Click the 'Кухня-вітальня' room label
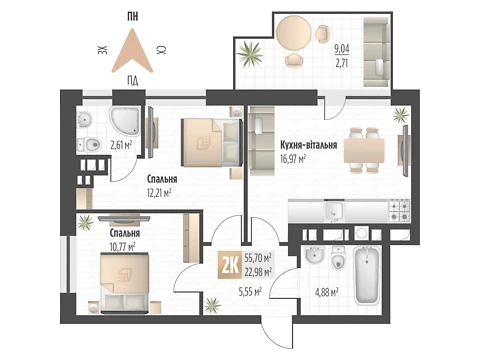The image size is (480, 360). click(308, 145)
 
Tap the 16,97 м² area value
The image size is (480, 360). click(293, 159)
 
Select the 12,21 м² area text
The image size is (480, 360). click(159, 193)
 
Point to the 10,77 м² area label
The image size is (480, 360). click(122, 247)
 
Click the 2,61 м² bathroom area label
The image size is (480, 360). click(121, 145)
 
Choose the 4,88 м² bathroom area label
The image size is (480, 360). click(327, 293)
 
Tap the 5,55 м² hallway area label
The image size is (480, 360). click(250, 292)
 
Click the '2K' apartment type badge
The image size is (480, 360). click(230, 266)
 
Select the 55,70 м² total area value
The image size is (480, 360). click(258, 257)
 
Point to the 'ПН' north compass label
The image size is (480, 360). click(133, 16)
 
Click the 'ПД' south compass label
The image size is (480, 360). click(133, 81)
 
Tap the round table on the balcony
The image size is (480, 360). click(294, 34)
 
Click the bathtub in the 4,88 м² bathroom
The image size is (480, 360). click(367, 275)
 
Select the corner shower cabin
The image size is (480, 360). click(125, 121)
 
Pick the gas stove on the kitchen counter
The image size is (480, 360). click(399, 210)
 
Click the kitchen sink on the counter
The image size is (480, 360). click(334, 211)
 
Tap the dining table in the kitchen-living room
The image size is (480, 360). click(364, 150)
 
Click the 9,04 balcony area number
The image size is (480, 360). click(342, 49)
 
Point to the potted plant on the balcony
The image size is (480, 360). click(250, 53)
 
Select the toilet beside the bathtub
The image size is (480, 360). click(339, 258)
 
